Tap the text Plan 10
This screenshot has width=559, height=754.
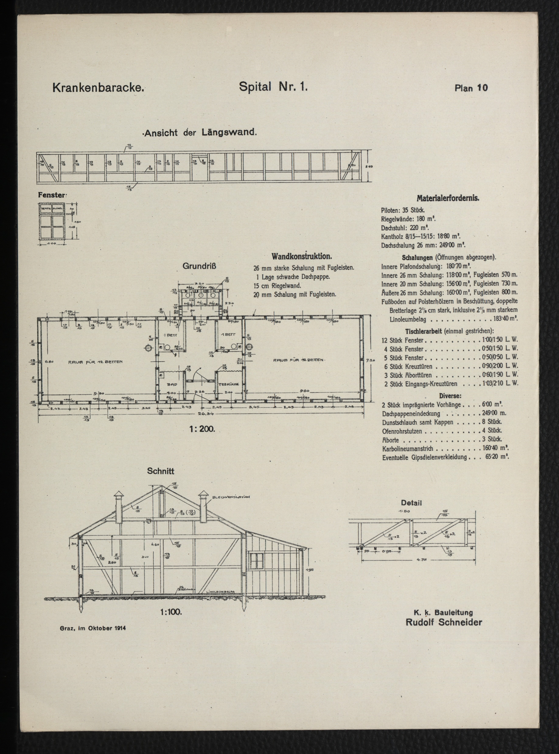tap(471, 88)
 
